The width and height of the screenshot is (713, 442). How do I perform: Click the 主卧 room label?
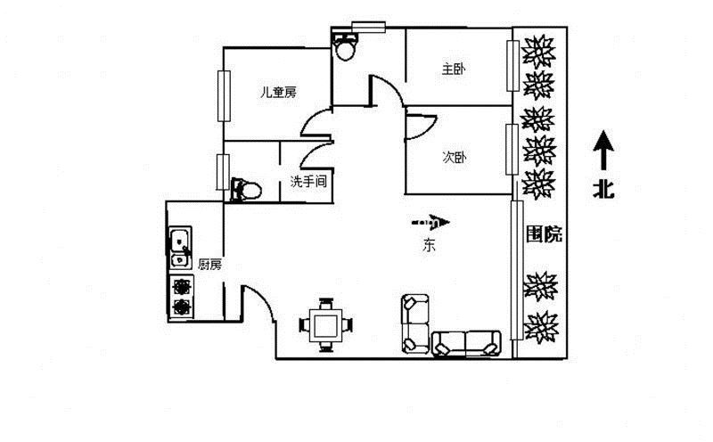454,70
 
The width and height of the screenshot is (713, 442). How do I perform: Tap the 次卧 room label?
455,158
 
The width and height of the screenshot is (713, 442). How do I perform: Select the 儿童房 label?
278,93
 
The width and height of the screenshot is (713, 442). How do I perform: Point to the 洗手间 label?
308,182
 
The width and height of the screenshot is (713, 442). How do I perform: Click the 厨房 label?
210,265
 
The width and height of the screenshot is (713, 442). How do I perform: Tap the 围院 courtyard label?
544,234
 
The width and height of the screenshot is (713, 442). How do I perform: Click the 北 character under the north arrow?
603,188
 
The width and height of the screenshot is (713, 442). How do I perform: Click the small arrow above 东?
430,223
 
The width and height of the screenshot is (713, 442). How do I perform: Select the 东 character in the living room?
429,246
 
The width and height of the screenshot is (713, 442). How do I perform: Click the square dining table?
325,324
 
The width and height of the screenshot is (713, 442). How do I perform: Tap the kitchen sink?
181,248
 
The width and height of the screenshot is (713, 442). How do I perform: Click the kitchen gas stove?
182,297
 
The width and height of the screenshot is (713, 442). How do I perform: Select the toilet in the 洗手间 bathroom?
246,190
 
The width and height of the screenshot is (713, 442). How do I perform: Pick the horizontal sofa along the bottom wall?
466,343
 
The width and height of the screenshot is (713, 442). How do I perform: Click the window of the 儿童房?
224,96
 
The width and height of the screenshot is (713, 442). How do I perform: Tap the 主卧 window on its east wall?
513,66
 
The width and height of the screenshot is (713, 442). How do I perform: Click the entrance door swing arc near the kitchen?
260,300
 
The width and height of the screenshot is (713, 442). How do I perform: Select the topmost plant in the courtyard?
538,51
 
